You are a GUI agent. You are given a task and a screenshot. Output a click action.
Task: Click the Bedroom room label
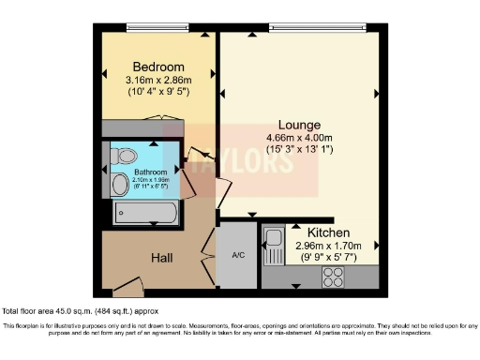pyautogui.click(x=157, y=67)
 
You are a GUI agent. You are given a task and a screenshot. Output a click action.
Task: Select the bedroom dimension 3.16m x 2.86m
pyautogui.click(x=157, y=82)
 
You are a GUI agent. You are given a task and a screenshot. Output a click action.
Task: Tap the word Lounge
pyautogui.click(x=300, y=125)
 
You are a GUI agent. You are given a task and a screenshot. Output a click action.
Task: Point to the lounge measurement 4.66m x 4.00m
pyautogui.click(x=300, y=137)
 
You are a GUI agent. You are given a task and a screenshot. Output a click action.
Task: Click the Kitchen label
pyautogui.click(x=328, y=232)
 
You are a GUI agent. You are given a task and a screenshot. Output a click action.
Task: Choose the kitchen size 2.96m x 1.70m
pyautogui.click(x=328, y=245)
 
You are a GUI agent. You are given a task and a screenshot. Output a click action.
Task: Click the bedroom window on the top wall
pyautogui.click(x=156, y=27)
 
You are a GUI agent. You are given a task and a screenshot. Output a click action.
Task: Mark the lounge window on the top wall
pyautogui.click(x=300, y=27)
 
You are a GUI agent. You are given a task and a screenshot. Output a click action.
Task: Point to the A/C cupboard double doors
pyautogui.click(x=207, y=253)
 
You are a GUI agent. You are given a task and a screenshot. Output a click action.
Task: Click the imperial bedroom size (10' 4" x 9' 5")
pyautogui.click(x=157, y=94)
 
